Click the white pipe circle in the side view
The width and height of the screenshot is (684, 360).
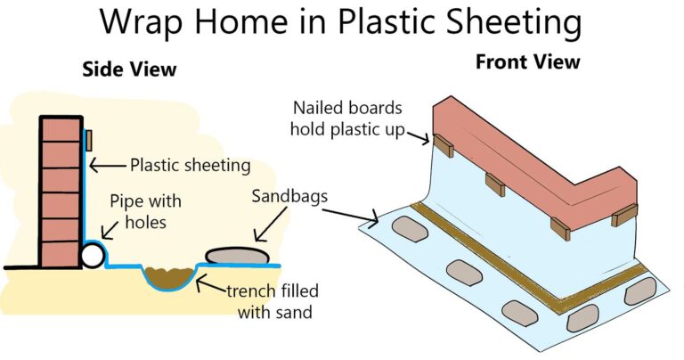(x=93, y=255)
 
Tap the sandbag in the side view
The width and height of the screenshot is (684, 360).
(x=238, y=256)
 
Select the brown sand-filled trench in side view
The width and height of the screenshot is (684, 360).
(x=168, y=277)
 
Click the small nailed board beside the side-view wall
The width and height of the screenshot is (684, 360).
(x=88, y=140)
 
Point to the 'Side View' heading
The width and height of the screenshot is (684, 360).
(x=129, y=69)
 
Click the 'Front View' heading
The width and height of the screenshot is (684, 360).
(x=528, y=61)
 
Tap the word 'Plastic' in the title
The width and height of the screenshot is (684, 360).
(x=385, y=21)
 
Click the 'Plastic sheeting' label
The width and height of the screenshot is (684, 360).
(x=191, y=166)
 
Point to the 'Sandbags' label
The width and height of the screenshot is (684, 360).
(x=289, y=196)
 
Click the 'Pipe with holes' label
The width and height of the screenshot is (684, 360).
(x=146, y=212)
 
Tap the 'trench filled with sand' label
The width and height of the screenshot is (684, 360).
(x=273, y=301)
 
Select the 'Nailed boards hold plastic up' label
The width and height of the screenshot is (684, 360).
(x=347, y=119)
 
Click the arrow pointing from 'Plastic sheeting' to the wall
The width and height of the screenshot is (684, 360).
(x=107, y=166)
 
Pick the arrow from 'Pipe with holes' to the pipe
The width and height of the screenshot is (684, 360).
(x=110, y=230)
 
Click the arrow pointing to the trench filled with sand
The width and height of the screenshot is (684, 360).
(x=211, y=284)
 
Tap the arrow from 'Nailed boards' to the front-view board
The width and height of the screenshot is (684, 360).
(x=418, y=137)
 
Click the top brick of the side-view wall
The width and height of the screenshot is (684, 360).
(x=61, y=129)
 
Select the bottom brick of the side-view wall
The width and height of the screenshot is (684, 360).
(x=61, y=254)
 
